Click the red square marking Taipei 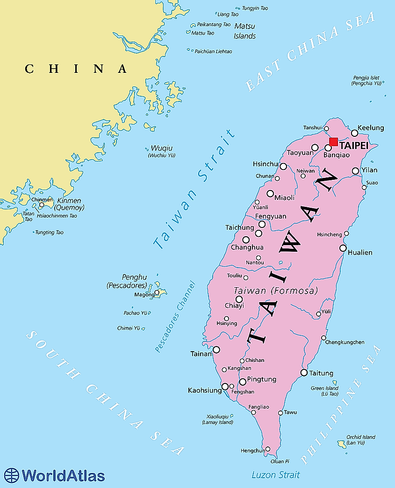tap(333, 142)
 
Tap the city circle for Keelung tap(355, 133)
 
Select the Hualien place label tap(360, 253)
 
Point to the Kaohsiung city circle tap(225, 386)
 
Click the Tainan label tap(201, 354)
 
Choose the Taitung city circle tap(304, 373)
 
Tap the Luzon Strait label tap(275, 475)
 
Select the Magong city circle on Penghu tap(157, 293)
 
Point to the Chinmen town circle tap(42, 205)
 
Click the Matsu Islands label tap(245, 31)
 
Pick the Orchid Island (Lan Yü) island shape tap(342, 444)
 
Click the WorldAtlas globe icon tap(11, 475)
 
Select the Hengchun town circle tap(267, 449)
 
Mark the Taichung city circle tap(246, 240)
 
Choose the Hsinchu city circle tap(283, 166)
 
